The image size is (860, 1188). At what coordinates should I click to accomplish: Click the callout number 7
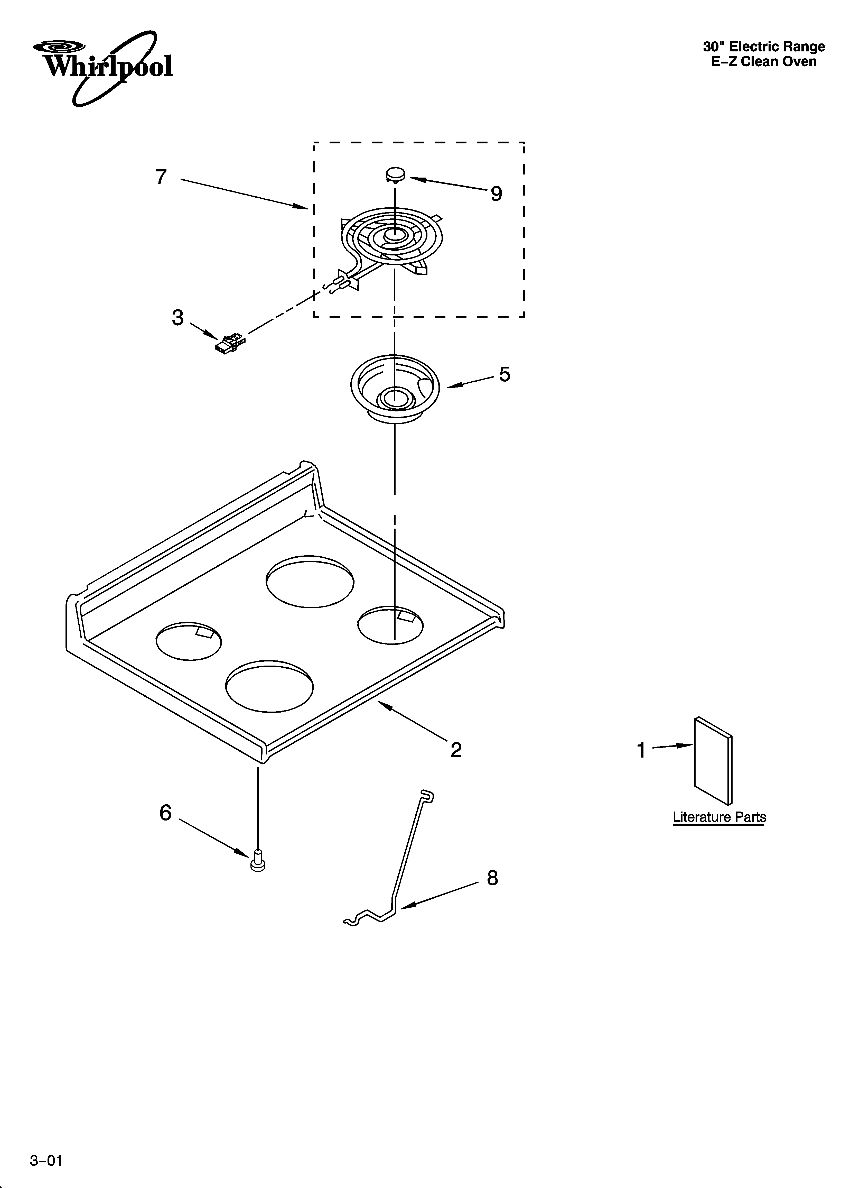(161, 177)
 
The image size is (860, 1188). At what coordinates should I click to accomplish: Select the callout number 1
(641, 750)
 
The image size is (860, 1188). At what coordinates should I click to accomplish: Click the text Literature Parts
(719, 817)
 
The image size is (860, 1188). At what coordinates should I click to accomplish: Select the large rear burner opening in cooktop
(310, 582)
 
